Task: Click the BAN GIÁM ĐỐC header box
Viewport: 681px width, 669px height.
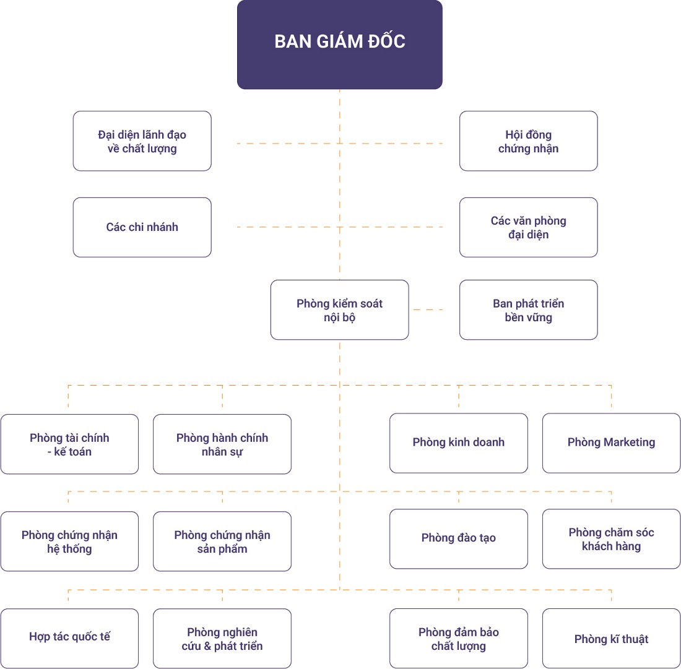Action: click(x=339, y=44)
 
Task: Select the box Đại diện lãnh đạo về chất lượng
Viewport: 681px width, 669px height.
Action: click(x=142, y=141)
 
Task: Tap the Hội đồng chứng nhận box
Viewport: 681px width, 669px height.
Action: click(x=528, y=141)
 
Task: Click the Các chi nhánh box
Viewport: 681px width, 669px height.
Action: click(x=142, y=227)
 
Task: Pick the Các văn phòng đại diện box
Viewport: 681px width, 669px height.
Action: click(x=528, y=227)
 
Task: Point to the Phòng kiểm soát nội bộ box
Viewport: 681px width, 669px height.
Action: click(x=339, y=310)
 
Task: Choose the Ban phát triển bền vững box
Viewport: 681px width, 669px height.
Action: click(x=528, y=310)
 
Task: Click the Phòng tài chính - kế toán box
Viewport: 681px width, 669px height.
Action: click(x=69, y=444)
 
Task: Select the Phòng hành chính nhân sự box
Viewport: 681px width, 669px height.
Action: click(x=222, y=444)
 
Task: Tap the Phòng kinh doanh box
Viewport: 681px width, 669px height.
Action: click(x=458, y=443)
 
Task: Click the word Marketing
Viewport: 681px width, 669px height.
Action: click(x=629, y=442)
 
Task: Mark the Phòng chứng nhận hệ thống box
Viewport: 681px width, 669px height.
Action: click(x=69, y=542)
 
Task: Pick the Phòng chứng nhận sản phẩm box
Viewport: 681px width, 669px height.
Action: click(x=222, y=542)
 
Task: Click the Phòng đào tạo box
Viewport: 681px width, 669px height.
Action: click(x=458, y=538)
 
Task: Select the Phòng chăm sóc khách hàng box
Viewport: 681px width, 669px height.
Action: click(x=611, y=539)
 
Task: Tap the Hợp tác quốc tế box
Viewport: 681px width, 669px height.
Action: click(x=69, y=638)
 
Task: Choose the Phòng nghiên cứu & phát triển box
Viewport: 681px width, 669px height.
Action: click(x=222, y=639)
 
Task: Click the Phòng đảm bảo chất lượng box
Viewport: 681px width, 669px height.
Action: click(x=458, y=639)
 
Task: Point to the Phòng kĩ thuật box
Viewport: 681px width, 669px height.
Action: click(x=611, y=639)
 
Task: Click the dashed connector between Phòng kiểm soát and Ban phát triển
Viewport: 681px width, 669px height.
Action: click(x=428, y=309)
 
